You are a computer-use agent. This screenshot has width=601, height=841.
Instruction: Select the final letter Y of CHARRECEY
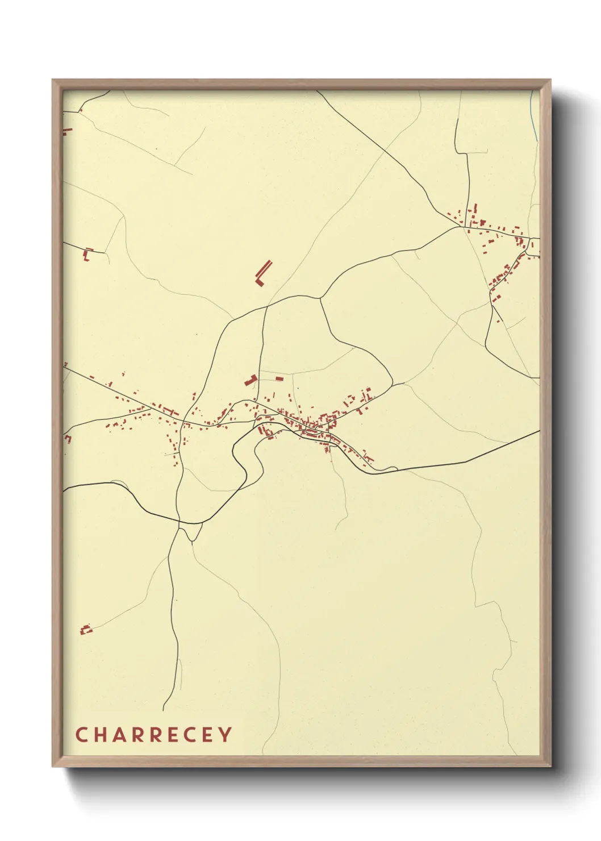pyautogui.click(x=226, y=735)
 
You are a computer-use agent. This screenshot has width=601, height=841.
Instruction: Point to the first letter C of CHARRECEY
pyautogui.click(x=81, y=735)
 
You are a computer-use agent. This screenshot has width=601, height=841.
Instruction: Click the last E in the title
pyautogui.click(x=207, y=735)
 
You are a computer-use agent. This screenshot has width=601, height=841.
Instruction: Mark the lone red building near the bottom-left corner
pyautogui.click(x=86, y=629)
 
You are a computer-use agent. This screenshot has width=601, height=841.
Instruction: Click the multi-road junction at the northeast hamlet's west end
pyautogui.click(x=461, y=227)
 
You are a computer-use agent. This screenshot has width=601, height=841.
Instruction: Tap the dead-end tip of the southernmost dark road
pyautogui.click(x=164, y=710)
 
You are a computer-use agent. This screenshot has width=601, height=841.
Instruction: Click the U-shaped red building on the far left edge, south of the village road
pyautogui.click(x=68, y=438)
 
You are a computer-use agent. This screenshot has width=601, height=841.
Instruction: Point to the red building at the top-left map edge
pyautogui.click(x=67, y=132)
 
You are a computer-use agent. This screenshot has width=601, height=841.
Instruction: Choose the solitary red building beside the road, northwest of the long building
pyautogui.click(x=87, y=253)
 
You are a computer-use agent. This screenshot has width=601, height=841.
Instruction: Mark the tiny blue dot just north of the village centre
pyautogui.click(x=295, y=389)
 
